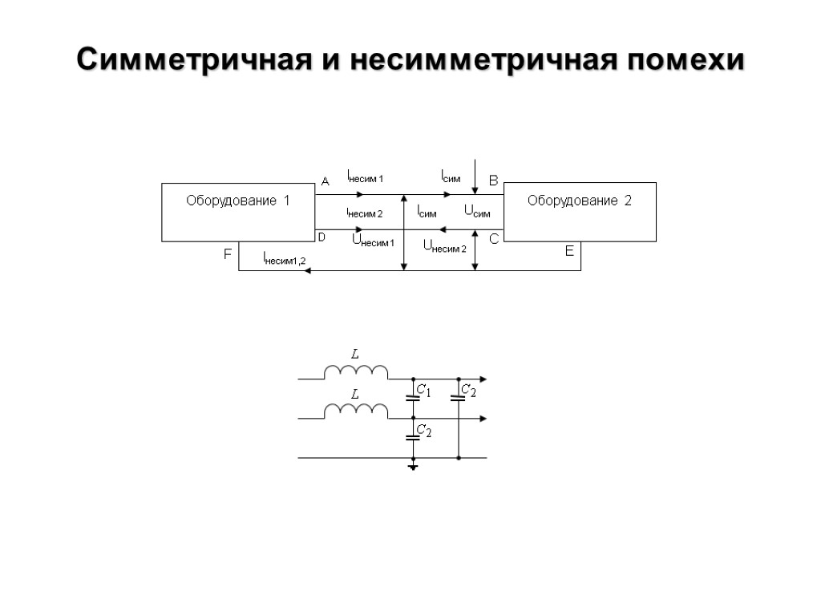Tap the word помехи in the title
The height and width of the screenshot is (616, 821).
[686, 60]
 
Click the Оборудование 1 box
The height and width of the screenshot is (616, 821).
[238, 212]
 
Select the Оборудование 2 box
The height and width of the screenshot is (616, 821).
[579, 212]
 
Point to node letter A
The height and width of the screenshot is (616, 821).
[325, 182]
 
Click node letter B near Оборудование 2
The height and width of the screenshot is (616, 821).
[493, 181]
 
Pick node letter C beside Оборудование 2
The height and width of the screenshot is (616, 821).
[493, 239]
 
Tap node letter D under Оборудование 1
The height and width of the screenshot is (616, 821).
[322, 237]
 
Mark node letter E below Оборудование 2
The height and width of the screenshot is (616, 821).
[569, 251]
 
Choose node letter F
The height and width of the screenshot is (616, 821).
[227, 254]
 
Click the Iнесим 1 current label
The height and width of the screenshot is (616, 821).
[365, 176]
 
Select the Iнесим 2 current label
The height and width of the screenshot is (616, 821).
[364, 213]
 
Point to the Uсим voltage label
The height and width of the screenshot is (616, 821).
[477, 212]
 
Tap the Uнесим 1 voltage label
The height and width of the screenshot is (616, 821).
[373, 240]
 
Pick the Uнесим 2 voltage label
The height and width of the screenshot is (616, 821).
[443, 246]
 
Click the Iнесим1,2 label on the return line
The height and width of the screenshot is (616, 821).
[284, 258]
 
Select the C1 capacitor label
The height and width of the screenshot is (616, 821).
[423, 391]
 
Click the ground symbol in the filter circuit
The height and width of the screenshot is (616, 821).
[413, 466]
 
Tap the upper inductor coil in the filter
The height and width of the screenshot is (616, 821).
[355, 371]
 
